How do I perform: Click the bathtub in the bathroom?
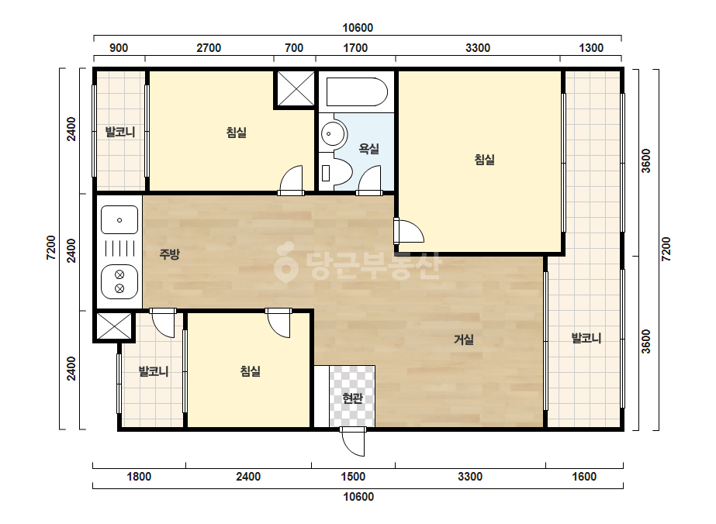click(x=357, y=91)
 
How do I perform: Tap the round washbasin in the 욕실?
click(x=333, y=134)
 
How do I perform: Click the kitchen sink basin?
click(x=119, y=220)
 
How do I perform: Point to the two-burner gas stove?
click(x=119, y=281)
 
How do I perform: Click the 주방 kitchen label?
click(x=169, y=254)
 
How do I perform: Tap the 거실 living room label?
click(x=463, y=340)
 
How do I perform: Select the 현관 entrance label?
click(x=352, y=398)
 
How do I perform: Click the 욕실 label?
click(x=368, y=148)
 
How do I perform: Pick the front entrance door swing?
click(x=353, y=442)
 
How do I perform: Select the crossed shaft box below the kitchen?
click(x=114, y=326)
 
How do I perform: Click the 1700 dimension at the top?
click(x=355, y=48)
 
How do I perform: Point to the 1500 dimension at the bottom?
click(x=353, y=477)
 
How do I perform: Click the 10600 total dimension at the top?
click(x=358, y=28)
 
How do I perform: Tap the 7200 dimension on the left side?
click(x=51, y=248)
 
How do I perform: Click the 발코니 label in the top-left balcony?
click(x=120, y=133)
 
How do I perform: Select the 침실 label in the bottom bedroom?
click(x=251, y=371)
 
